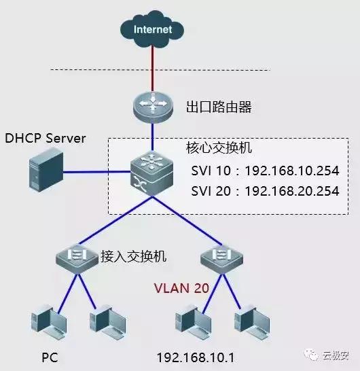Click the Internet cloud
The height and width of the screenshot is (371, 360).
(153, 30)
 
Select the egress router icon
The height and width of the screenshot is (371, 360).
(153, 105)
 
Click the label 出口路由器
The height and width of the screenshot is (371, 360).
(214, 107)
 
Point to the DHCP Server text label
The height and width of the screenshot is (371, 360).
(46, 139)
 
